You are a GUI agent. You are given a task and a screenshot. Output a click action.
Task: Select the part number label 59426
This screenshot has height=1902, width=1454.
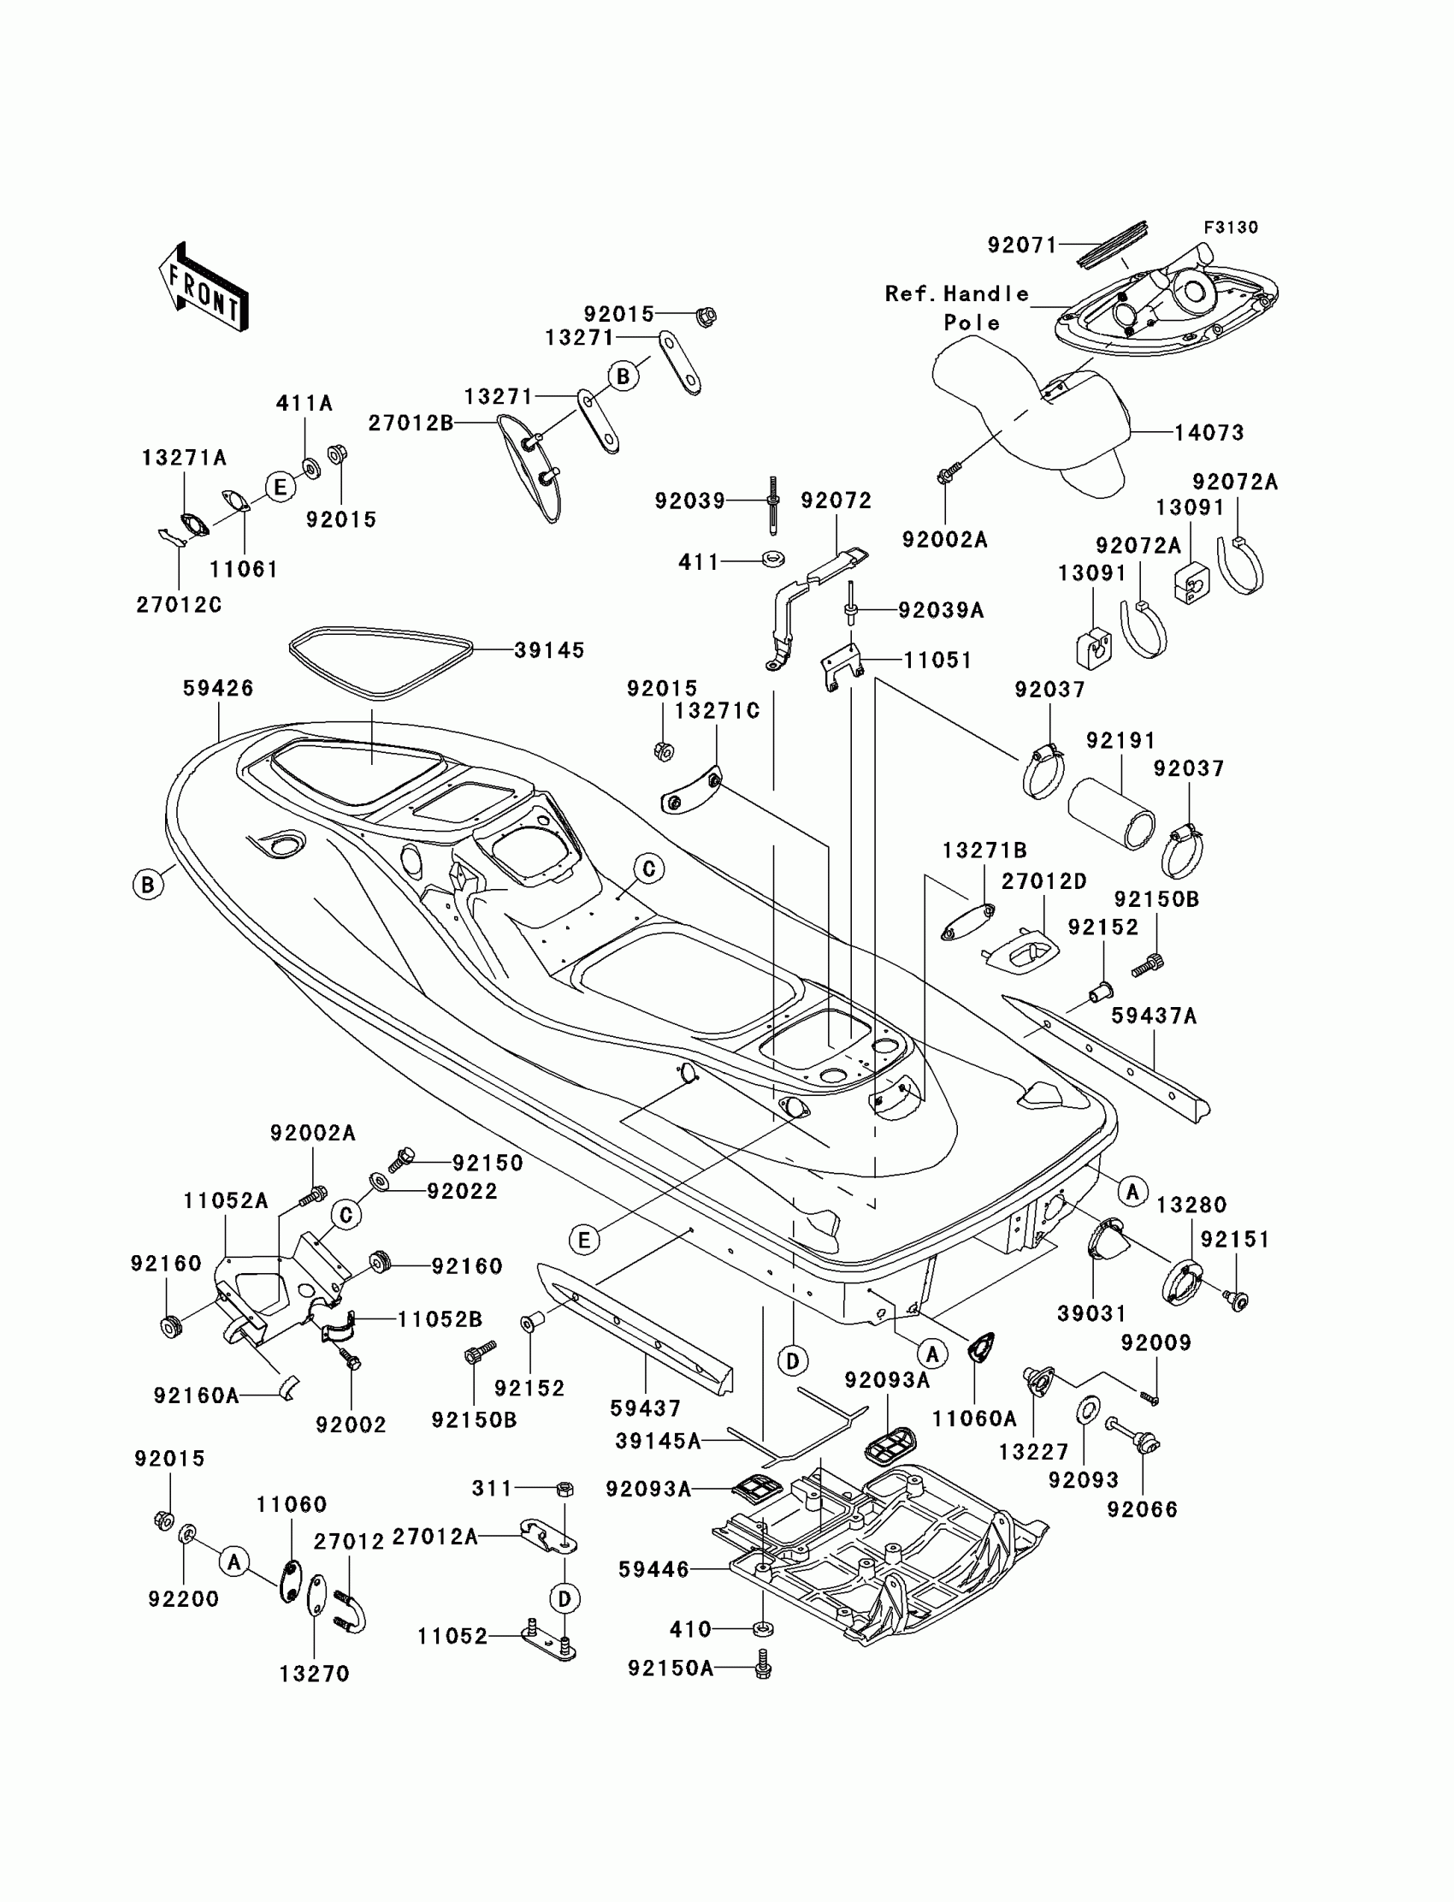point(218,688)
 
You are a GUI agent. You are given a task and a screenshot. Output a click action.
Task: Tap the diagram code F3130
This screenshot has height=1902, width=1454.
point(1231,228)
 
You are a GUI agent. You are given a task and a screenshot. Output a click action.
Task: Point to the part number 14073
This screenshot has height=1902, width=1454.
point(1209,433)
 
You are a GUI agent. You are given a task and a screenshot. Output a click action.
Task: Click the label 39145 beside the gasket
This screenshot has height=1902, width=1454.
point(550,650)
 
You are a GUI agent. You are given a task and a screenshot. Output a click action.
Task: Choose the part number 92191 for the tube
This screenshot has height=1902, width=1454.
point(1120,741)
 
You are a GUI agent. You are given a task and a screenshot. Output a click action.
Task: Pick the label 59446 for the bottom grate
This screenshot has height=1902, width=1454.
point(653,1569)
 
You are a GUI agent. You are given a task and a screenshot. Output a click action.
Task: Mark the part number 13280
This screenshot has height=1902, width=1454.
point(1191,1205)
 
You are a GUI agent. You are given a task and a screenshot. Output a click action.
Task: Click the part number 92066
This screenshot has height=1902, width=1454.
point(1143,1510)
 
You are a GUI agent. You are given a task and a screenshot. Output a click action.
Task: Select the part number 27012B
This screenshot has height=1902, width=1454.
point(411,424)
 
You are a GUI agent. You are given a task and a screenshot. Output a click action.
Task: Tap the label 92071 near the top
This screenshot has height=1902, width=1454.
point(1023,246)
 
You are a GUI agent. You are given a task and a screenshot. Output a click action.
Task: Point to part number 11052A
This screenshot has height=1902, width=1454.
point(226,1200)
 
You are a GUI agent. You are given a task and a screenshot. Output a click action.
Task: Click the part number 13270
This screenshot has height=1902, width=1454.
point(314,1674)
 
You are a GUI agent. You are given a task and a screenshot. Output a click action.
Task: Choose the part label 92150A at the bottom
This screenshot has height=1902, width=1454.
point(671,1668)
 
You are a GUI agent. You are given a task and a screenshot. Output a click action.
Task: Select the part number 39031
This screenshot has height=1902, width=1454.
point(1092,1313)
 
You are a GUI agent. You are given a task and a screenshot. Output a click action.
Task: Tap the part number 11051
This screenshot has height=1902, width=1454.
point(938,661)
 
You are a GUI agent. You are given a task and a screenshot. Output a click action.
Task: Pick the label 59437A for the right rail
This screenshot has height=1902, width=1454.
point(1154,1016)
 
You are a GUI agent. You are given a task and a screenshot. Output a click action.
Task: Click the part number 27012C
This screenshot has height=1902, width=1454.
point(179,605)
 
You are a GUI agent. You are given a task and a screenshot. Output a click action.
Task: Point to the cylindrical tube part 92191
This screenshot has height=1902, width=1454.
point(1111,814)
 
